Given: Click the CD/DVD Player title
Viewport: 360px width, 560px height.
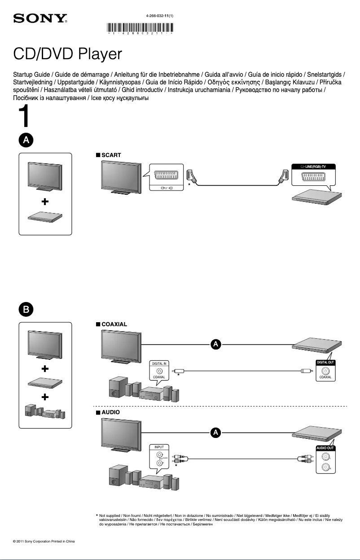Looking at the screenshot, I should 67,54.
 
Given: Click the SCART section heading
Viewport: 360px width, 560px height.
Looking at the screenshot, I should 111,154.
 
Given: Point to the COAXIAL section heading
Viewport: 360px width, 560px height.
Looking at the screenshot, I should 114,324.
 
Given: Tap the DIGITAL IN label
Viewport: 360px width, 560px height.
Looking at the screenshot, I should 159,363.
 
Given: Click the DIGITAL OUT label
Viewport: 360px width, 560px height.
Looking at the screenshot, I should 325,362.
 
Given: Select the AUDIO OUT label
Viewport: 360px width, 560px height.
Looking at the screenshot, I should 325,448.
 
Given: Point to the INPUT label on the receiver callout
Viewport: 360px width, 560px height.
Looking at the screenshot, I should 159,447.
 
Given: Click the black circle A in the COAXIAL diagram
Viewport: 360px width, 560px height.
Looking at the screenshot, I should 216,345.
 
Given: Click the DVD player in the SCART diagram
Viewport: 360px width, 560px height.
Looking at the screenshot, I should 314,197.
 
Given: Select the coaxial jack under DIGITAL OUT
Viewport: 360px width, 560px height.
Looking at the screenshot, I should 326,371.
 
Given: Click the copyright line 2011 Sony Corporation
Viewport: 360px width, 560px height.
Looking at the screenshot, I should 44,542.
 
